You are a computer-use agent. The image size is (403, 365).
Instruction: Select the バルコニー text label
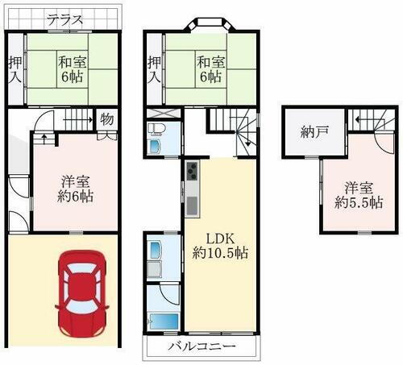(201, 347)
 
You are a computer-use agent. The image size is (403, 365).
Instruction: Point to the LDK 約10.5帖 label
(219, 246)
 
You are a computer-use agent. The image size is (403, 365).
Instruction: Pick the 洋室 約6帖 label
(73, 189)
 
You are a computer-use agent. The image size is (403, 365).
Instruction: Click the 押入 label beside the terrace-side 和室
(15, 73)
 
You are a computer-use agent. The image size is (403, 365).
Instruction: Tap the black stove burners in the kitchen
(192, 172)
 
